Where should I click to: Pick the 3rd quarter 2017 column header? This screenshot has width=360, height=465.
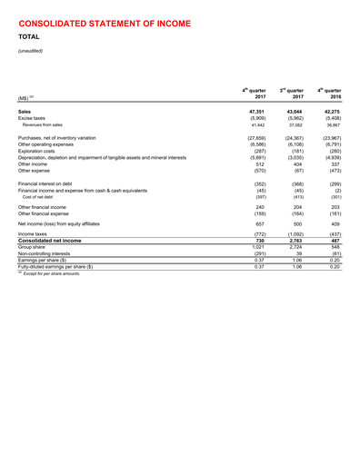pos(289,94)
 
